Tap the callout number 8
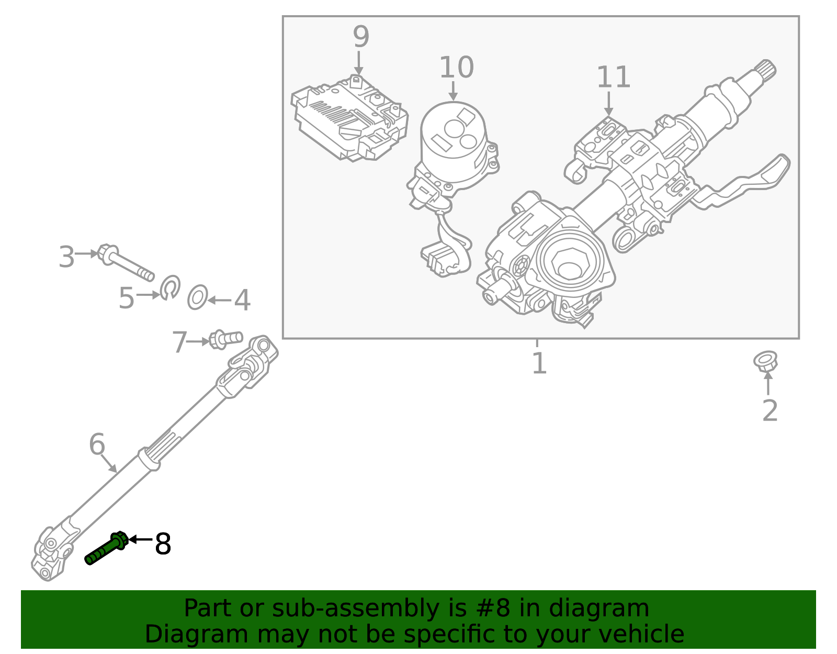coord(163,545)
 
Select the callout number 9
coord(361,37)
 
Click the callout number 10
coord(456,68)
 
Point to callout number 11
coord(613,77)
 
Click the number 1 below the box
coord(539,363)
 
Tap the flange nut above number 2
coord(765,361)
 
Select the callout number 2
coord(770,411)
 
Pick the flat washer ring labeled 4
coord(197,297)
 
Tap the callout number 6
coord(97,445)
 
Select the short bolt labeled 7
coord(225,339)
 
